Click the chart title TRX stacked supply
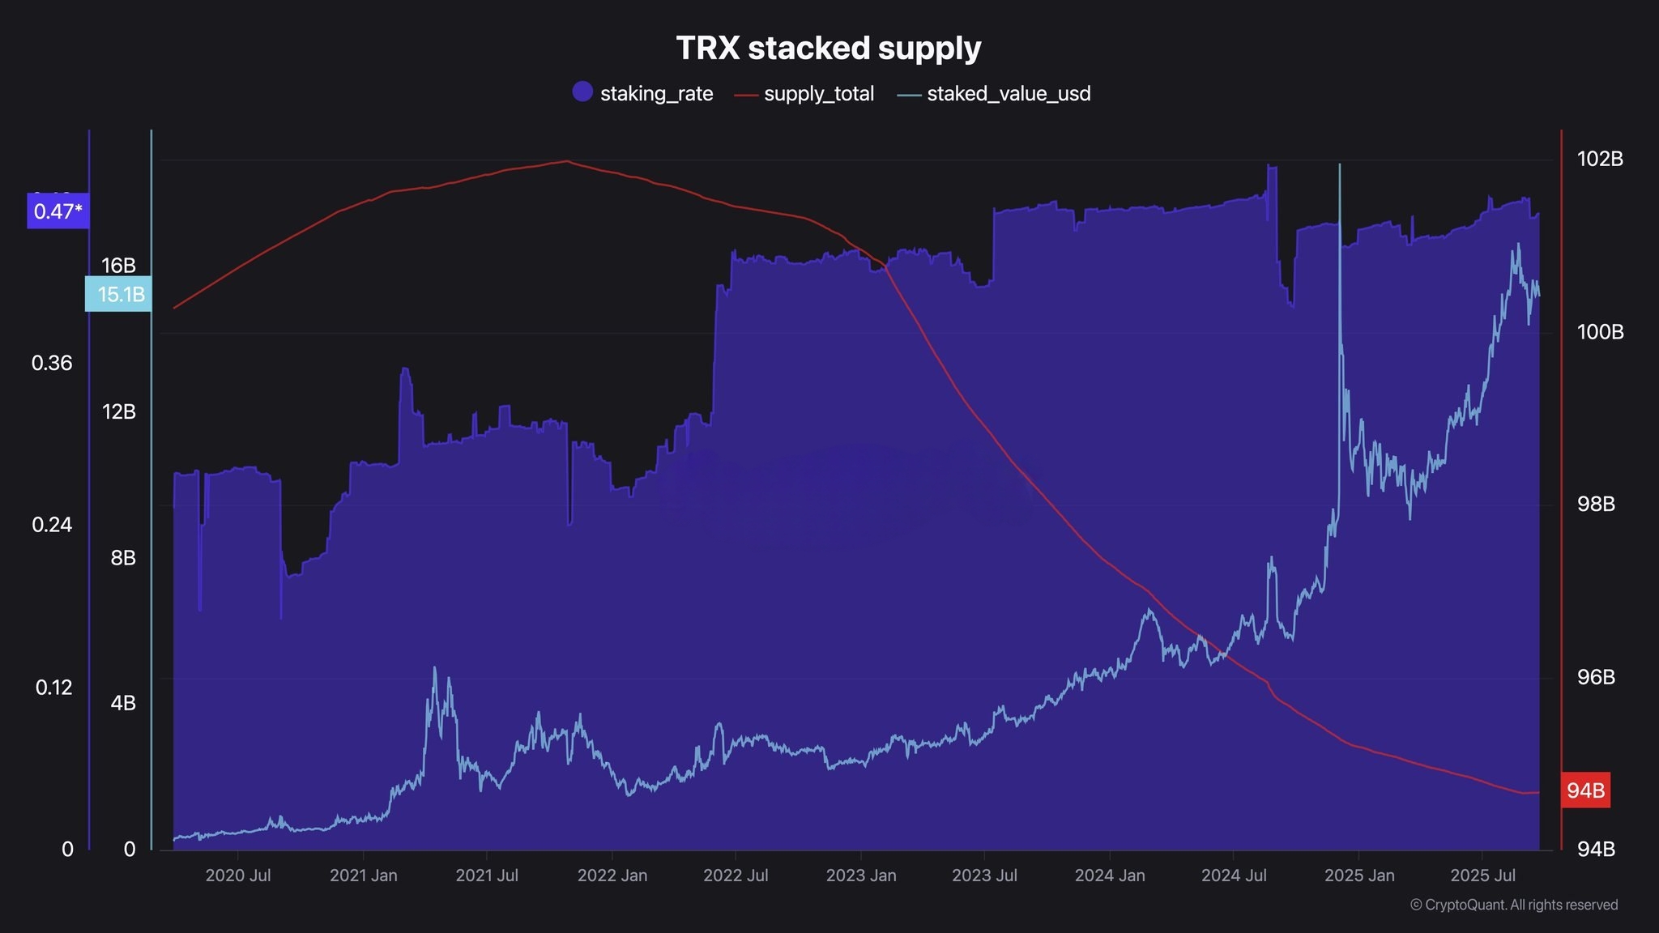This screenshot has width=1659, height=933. [x=829, y=48]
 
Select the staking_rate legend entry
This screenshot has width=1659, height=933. [x=642, y=93]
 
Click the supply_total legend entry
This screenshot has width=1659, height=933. [x=804, y=94]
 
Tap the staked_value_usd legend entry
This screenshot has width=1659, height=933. [x=994, y=94]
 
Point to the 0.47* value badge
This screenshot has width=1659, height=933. [x=58, y=211]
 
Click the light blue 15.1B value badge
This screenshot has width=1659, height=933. [x=118, y=294]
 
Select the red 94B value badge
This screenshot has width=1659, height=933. [x=1585, y=790]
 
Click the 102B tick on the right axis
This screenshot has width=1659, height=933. [x=1600, y=159]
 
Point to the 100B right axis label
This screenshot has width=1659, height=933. [x=1600, y=332]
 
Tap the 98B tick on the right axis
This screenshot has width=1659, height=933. [x=1596, y=504]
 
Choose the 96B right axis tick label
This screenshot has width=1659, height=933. [x=1596, y=676]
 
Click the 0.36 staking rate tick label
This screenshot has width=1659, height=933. [x=52, y=363]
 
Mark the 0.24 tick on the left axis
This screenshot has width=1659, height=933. [x=52, y=525]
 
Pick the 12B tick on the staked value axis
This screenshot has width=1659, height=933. [x=119, y=411]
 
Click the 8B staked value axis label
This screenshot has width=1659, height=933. [x=123, y=557]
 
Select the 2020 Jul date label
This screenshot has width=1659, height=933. [x=238, y=875]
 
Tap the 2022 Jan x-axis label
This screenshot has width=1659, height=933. [x=612, y=875]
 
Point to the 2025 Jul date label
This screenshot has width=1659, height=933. [x=1482, y=875]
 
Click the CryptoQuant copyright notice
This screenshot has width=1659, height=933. [x=1514, y=905]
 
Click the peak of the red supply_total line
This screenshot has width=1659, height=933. [x=566, y=160]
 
